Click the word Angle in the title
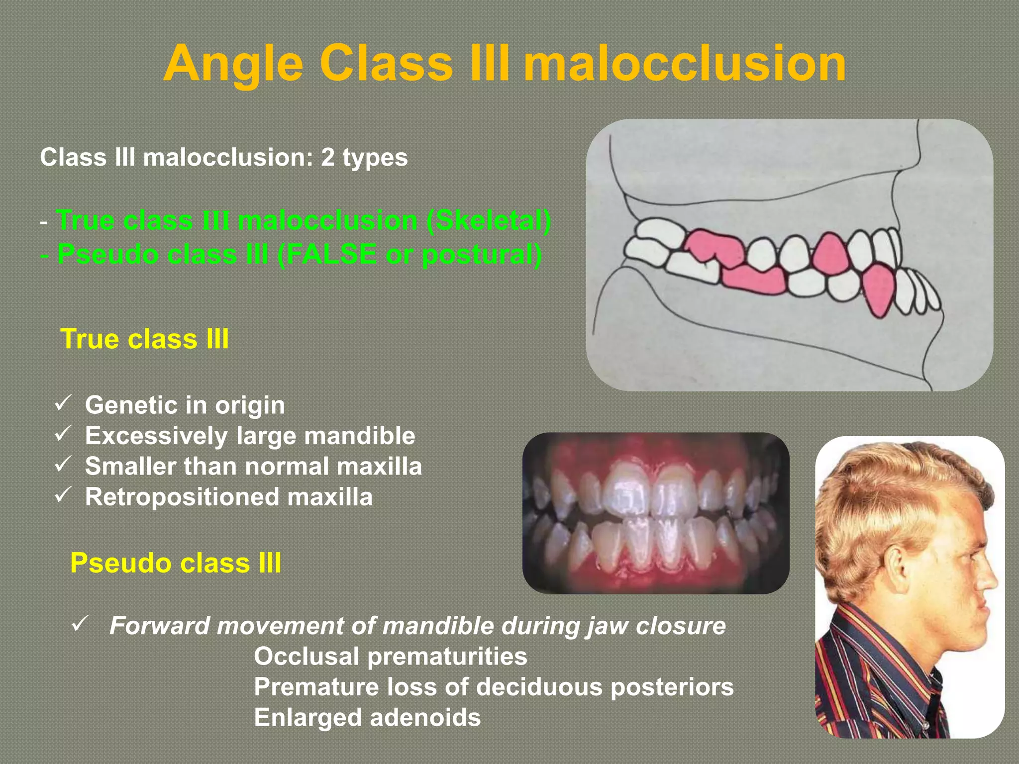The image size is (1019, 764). coord(233,64)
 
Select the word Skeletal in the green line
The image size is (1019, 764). coord(489,220)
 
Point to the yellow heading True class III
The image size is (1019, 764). coord(144,339)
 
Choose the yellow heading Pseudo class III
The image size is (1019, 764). coord(176,563)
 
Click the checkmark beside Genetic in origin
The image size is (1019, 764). coord(63,403)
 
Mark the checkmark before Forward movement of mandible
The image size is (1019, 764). coord(80,624)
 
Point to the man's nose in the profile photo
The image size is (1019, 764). coord(990,579)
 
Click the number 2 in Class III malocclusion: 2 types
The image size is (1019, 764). coord(327,158)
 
